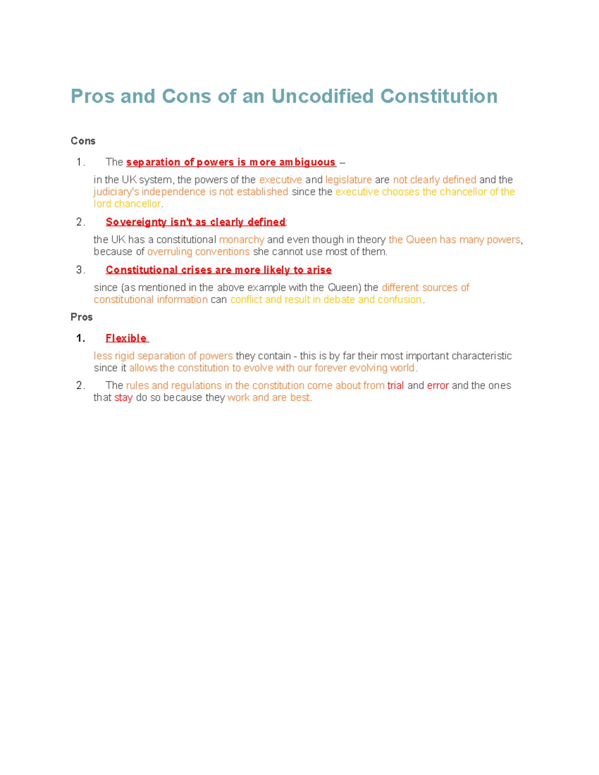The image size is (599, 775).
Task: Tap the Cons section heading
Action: pyautogui.click(x=83, y=141)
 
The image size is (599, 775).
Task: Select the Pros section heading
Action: pyautogui.click(x=81, y=317)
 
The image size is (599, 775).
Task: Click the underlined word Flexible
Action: pyautogui.click(x=126, y=338)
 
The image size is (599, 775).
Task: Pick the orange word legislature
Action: pyautogui.click(x=348, y=180)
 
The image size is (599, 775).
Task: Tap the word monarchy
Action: pyautogui.click(x=242, y=240)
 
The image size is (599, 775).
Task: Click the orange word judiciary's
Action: pyautogui.click(x=116, y=192)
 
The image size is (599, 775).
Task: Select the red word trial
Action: pyautogui.click(x=395, y=385)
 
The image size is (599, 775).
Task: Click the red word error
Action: pyautogui.click(x=438, y=385)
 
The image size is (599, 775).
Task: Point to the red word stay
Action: pyautogui.click(x=123, y=398)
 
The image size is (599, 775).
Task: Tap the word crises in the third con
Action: pyautogui.click(x=196, y=270)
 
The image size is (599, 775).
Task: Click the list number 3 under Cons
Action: pyautogui.click(x=80, y=270)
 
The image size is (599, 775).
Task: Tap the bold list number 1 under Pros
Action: pyautogui.click(x=80, y=338)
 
